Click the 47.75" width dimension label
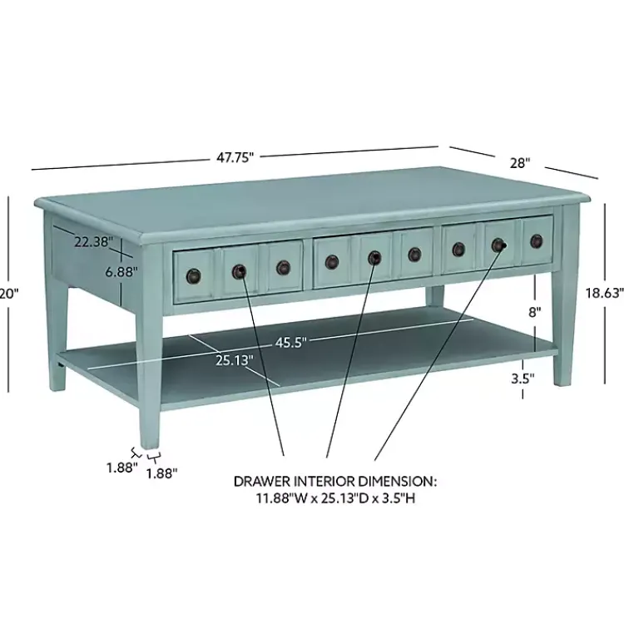point(235,156)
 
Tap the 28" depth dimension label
point(520,163)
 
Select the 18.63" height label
point(603,292)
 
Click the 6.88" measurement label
point(121,270)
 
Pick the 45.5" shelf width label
point(291,342)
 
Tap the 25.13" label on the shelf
point(235,360)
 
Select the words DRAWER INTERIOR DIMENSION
point(334,482)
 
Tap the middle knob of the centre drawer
point(374,258)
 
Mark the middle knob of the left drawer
point(239,270)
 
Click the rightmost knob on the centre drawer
point(414,255)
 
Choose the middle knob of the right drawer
point(498,245)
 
